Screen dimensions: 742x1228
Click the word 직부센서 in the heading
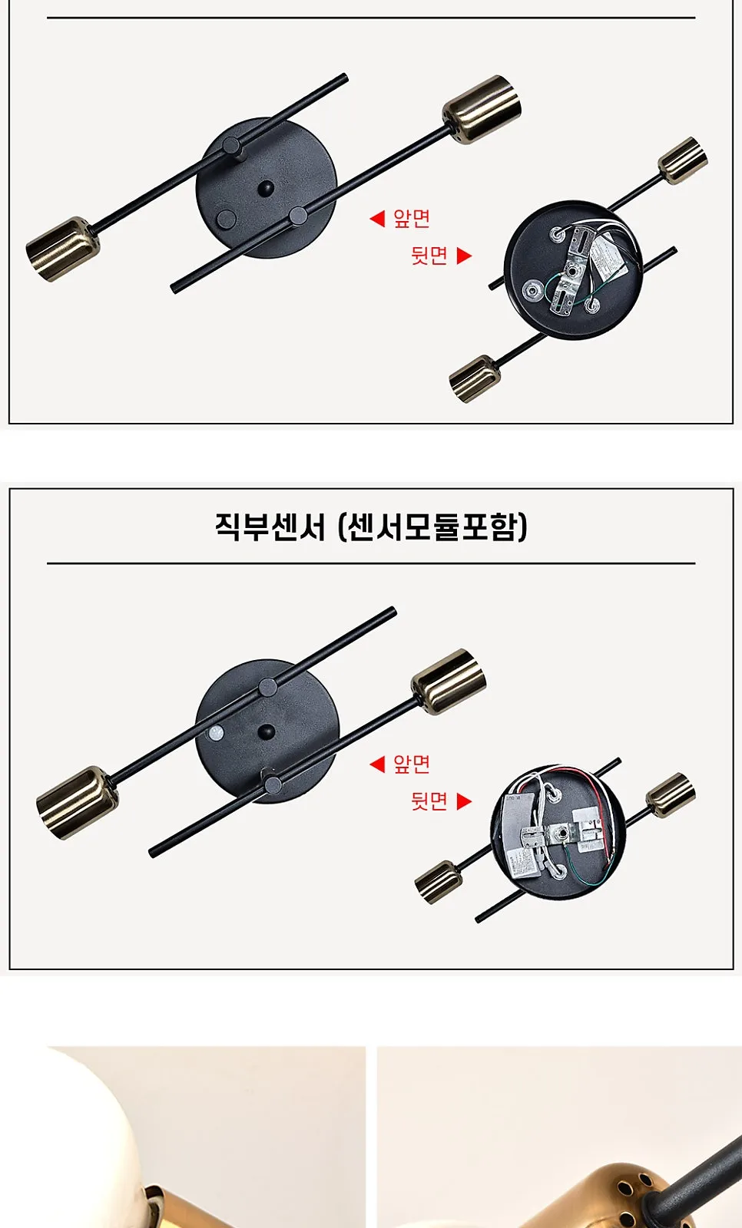point(270,527)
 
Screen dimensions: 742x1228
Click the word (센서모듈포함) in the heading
point(432,527)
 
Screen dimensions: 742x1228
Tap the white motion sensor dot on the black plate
point(217,732)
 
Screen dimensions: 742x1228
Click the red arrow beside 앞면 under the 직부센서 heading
point(377,764)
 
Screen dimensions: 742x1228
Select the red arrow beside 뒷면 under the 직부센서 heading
point(464,801)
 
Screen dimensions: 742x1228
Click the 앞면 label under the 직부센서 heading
point(412,764)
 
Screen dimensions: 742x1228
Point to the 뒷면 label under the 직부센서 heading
point(429,801)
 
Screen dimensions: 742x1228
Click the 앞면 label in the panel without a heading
point(412,219)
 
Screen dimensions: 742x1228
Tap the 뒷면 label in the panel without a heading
point(429,256)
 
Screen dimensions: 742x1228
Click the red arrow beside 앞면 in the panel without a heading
point(377,219)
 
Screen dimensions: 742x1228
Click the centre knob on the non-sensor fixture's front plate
point(267,189)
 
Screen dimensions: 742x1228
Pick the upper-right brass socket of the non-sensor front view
point(482,109)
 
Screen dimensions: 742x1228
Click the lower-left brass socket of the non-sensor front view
point(62,249)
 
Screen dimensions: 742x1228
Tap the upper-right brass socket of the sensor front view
point(449,681)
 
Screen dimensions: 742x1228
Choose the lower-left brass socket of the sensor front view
point(77,803)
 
